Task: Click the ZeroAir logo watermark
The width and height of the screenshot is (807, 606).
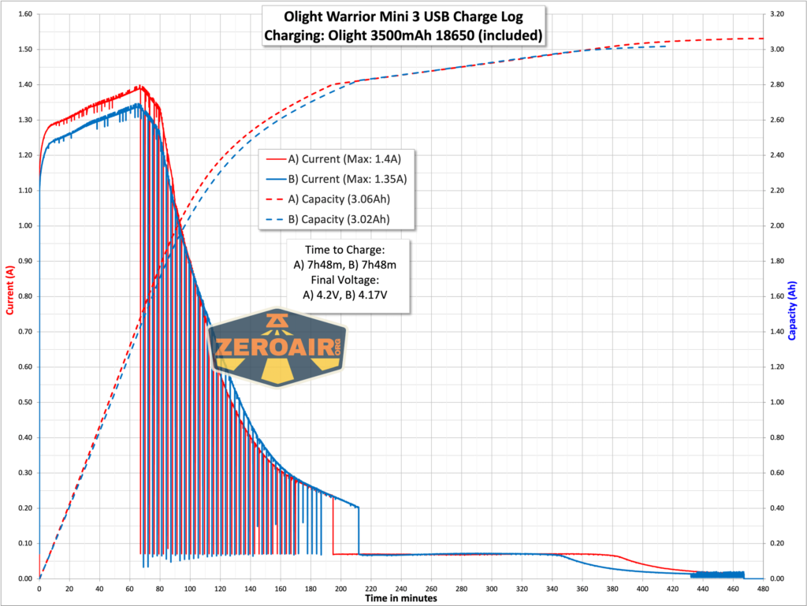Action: [277, 348]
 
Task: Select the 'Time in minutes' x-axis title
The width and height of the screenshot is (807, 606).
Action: [401, 597]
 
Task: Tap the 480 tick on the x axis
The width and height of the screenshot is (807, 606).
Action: [763, 588]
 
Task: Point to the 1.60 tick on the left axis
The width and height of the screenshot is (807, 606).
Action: [23, 14]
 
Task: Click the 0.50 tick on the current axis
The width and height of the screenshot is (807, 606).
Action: [23, 403]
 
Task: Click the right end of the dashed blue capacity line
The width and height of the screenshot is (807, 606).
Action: [667, 46]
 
